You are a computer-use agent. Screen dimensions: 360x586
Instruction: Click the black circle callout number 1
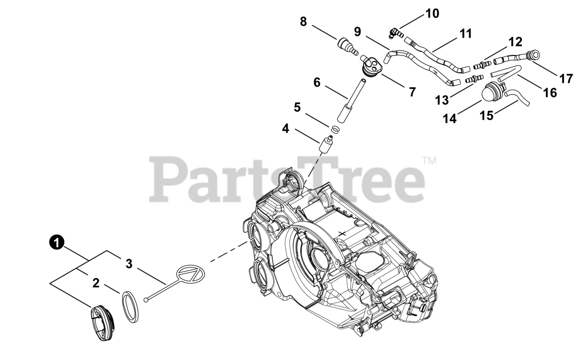57,243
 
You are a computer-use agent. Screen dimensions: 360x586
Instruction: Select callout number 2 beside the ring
96,283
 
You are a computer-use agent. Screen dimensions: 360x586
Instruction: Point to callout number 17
566,79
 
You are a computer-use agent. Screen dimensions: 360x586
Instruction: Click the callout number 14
450,118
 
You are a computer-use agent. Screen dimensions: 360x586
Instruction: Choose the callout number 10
432,13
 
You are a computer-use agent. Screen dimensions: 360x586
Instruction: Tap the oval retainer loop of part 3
190,275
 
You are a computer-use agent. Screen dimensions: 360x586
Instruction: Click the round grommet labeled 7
371,66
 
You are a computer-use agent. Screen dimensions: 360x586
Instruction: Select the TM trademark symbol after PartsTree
429,161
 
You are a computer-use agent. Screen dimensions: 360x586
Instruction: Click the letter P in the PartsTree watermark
169,180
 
